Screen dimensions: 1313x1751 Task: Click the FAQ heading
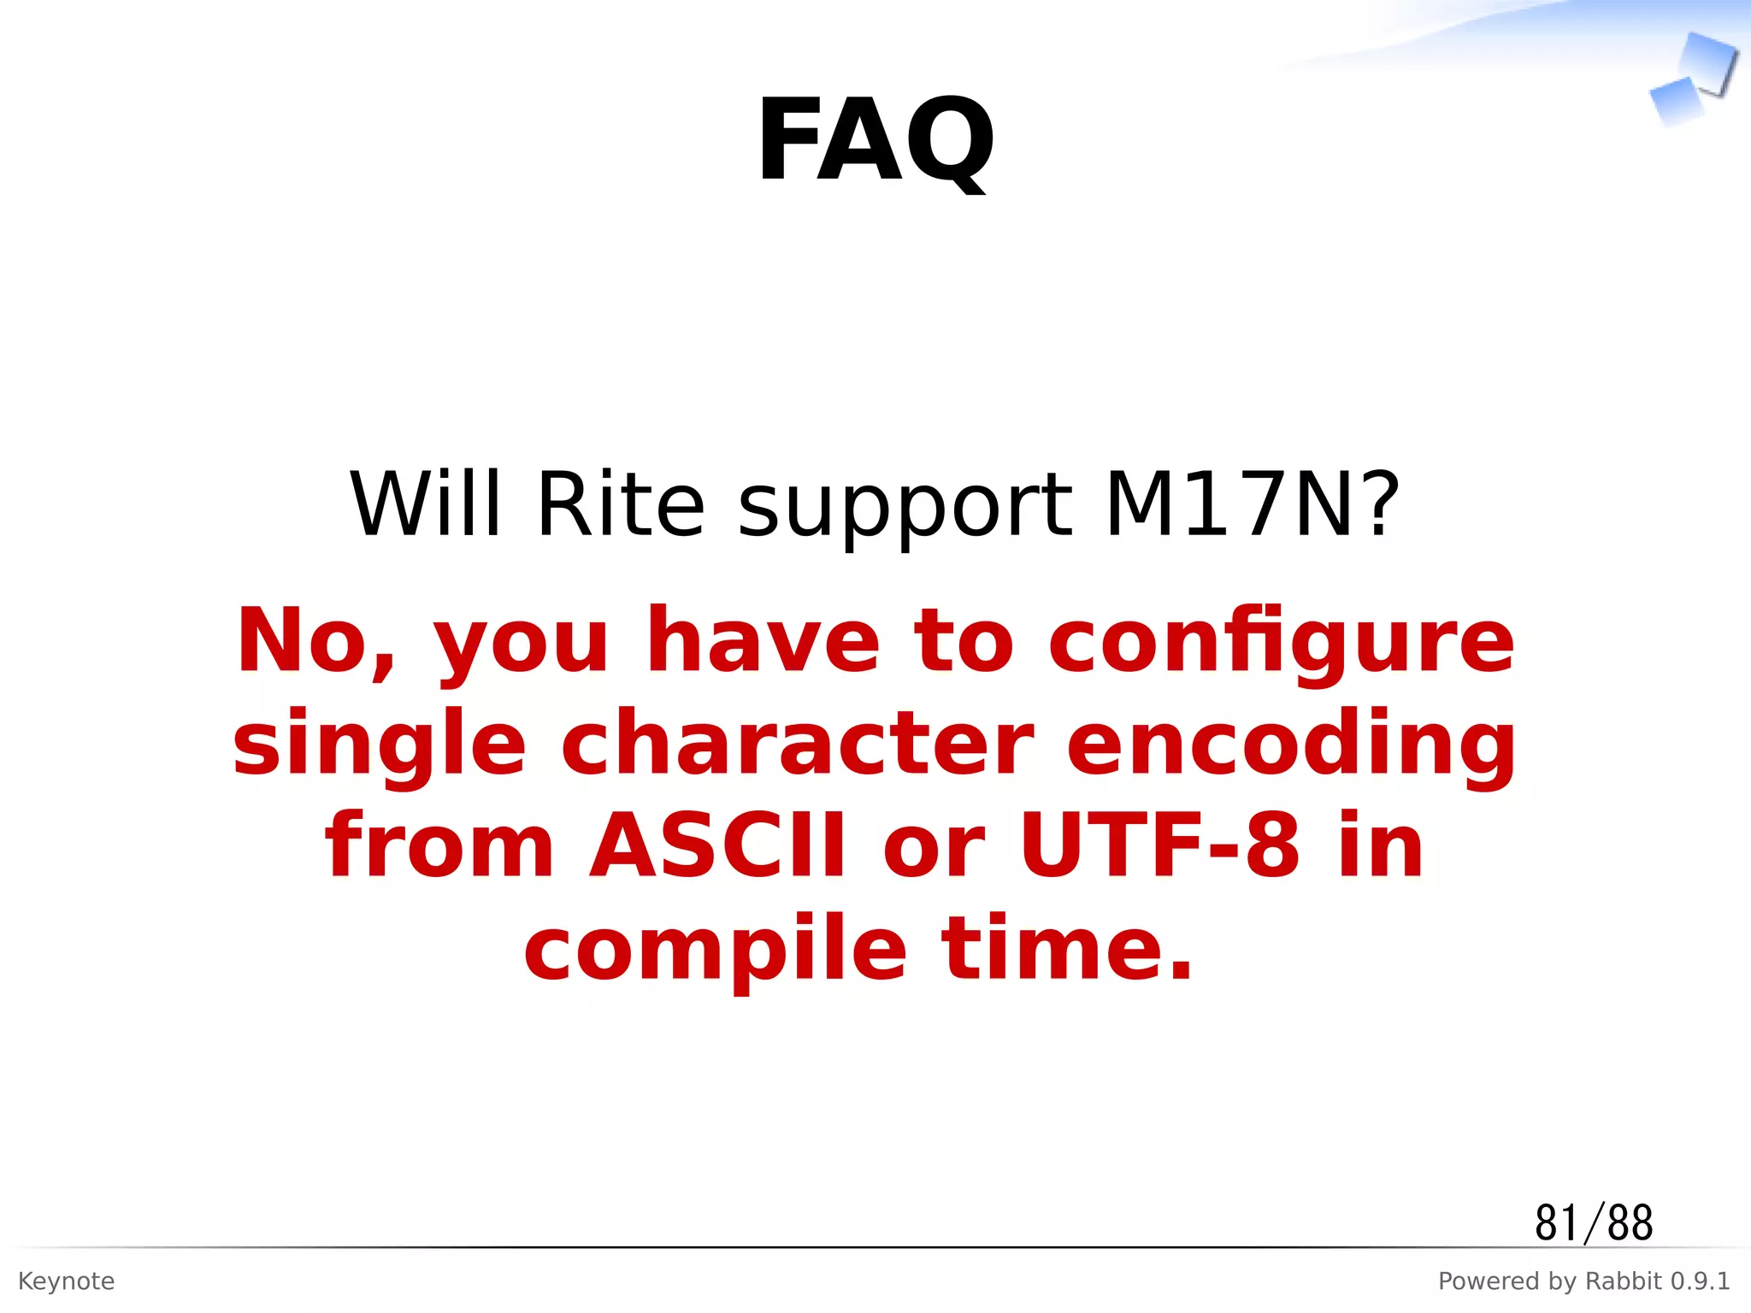875,141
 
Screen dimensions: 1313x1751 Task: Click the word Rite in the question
621,506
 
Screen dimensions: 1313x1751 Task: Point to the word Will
426,506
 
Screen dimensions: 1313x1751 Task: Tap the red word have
763,641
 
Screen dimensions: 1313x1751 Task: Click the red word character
797,744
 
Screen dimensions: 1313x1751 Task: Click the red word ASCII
717,846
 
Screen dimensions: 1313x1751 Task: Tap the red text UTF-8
1159,846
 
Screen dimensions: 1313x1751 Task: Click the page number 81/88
1593,1223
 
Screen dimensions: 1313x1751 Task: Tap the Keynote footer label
66,1281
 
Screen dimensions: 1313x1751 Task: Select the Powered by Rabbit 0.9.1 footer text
1583,1281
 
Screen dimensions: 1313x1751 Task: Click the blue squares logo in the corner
1693,81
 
